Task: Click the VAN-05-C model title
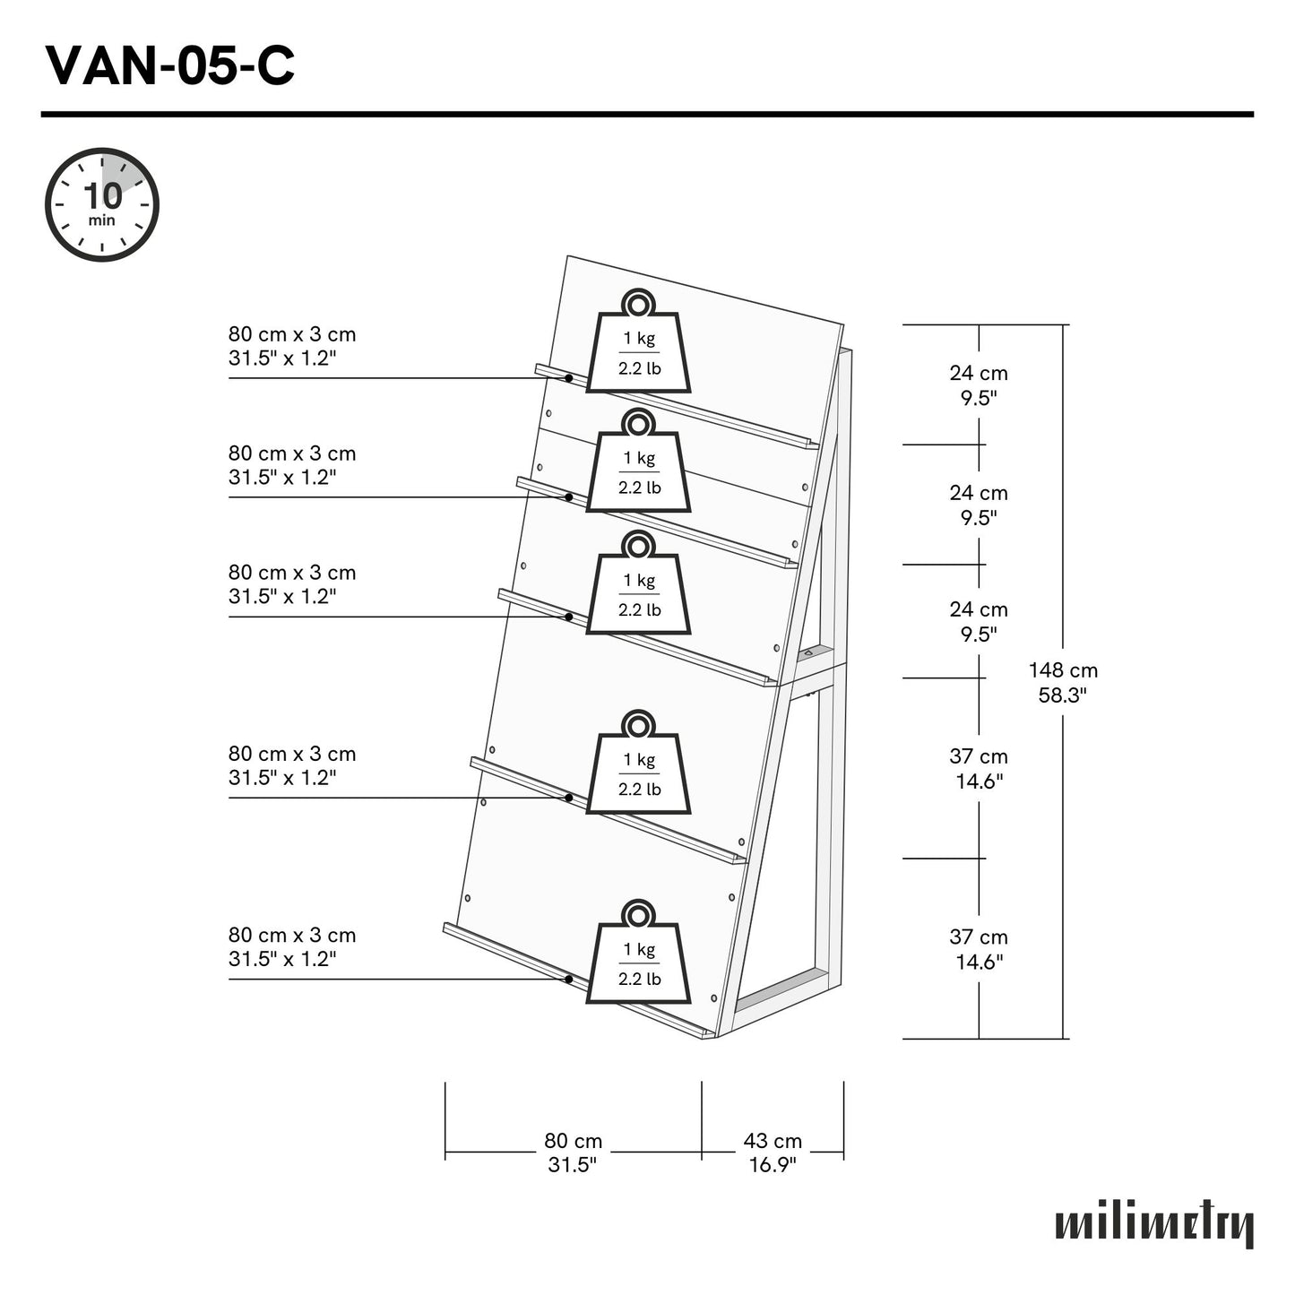coord(169,65)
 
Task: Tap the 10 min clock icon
coord(102,205)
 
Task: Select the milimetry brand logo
coord(1154,1224)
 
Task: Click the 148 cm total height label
coord(1063,682)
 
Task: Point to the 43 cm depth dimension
coord(773,1153)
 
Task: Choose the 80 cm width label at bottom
coord(573,1153)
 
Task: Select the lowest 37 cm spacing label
coord(979,949)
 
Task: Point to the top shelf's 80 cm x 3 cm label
coord(292,346)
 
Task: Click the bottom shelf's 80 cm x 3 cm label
coord(292,946)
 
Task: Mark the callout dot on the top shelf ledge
coord(569,378)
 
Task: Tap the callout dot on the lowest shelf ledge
coord(569,980)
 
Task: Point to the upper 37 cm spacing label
coord(979,768)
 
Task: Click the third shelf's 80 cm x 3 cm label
coord(292,584)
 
